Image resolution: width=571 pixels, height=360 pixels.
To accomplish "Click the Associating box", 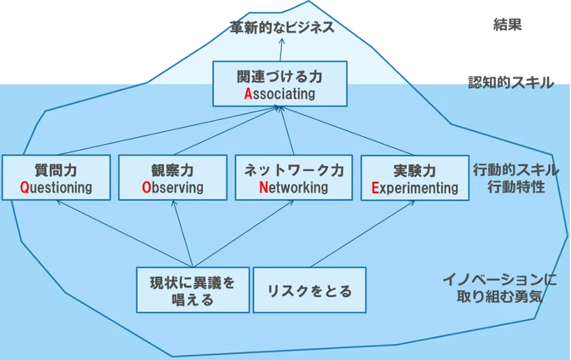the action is [x=280, y=84].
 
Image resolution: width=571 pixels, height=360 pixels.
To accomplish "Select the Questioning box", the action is [x=56, y=178].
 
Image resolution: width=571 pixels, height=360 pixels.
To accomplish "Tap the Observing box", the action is [x=172, y=178].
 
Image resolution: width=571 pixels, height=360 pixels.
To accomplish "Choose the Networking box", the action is [x=293, y=178].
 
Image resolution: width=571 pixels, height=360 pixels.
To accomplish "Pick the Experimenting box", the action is [x=415, y=178].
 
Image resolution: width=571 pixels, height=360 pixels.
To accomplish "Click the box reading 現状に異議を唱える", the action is [x=193, y=290].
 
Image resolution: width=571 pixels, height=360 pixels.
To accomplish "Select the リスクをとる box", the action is [x=309, y=290].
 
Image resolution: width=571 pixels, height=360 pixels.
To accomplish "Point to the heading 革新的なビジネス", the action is [x=282, y=27].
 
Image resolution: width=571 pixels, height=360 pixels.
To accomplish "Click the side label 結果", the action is [x=507, y=24].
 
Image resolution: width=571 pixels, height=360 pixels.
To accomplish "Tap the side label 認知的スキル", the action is [x=511, y=82].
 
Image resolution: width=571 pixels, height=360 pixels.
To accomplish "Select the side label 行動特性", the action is [x=516, y=187].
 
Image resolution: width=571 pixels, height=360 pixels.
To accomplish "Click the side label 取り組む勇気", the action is [x=499, y=297].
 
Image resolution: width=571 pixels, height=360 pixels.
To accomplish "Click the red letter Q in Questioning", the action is [x=24, y=188].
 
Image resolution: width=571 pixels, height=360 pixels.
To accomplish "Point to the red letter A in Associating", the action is [x=248, y=94].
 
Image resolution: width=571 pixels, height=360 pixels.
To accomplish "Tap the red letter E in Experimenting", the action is [x=376, y=188].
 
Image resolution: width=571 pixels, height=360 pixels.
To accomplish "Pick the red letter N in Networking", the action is [x=263, y=188].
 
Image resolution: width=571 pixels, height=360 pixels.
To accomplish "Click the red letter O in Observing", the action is [x=147, y=188].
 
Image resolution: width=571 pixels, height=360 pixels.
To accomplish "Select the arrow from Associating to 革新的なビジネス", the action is [x=281, y=50].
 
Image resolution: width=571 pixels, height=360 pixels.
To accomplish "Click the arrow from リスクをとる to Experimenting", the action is [x=363, y=234].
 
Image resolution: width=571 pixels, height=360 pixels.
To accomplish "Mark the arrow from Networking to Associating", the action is [x=288, y=130].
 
